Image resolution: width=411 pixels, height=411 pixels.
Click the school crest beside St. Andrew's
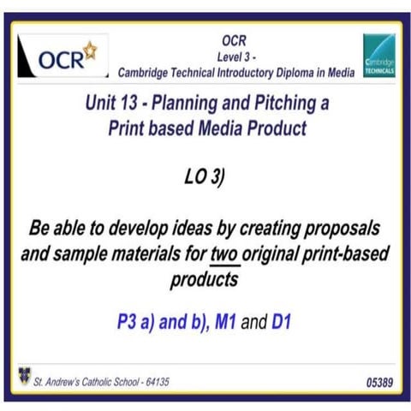pyautogui.click(x=22, y=374)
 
